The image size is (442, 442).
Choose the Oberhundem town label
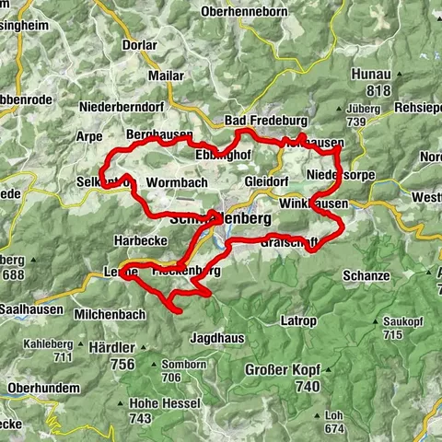coord(43,388)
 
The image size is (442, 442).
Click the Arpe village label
coord(89,134)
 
